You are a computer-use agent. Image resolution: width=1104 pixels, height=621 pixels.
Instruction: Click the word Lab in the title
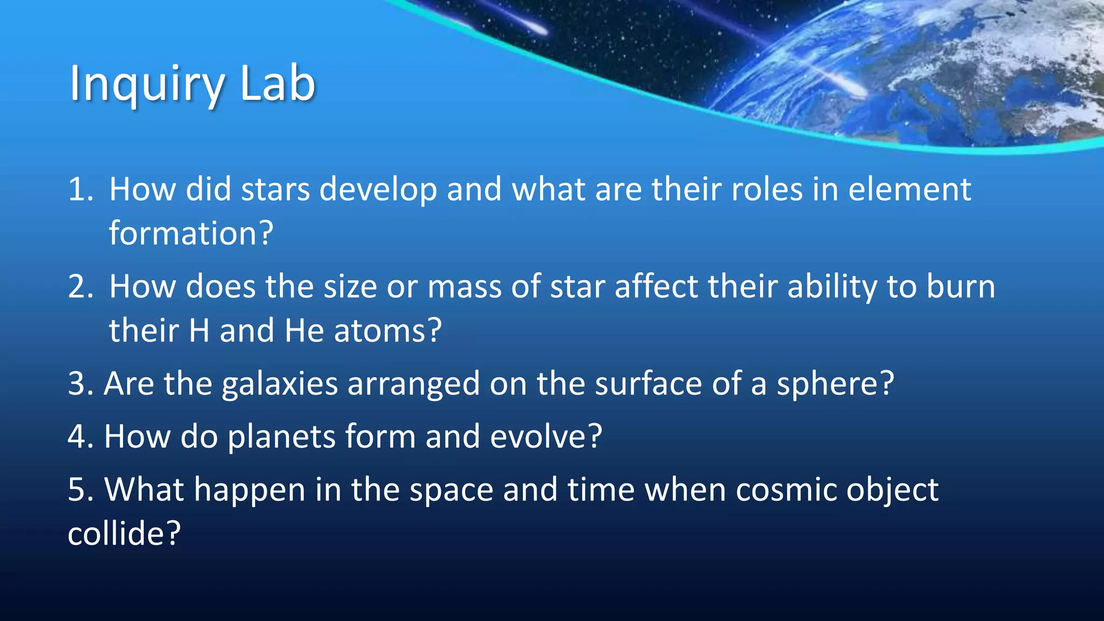click(277, 84)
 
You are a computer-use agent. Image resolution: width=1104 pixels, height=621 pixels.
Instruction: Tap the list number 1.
click(80, 190)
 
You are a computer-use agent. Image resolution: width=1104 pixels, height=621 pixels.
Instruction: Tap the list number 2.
click(80, 287)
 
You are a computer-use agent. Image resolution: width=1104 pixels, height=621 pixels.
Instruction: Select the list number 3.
click(80, 384)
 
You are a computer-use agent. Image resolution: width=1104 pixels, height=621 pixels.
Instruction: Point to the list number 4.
click(80, 437)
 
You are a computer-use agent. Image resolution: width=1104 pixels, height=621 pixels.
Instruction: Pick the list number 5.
click(80, 489)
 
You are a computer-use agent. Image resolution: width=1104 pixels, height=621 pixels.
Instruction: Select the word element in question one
click(909, 190)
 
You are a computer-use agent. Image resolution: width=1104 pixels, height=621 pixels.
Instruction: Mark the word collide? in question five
click(124, 534)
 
